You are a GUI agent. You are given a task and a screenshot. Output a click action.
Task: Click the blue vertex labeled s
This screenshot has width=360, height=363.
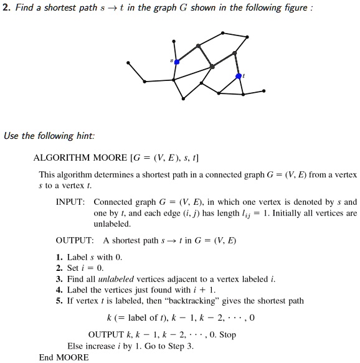(176, 62)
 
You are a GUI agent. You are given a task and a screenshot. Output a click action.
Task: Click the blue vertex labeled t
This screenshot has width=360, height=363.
(239, 76)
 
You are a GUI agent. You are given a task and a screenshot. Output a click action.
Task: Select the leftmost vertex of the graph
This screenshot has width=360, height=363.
(128, 62)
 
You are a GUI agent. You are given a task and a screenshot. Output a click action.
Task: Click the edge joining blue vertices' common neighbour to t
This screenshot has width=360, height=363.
(225, 71)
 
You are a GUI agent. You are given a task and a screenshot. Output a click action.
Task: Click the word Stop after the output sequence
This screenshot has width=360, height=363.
(227, 334)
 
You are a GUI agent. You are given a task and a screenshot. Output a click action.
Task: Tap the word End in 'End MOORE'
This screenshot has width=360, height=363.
(46, 357)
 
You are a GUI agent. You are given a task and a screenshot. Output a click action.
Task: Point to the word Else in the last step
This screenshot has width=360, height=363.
(74, 346)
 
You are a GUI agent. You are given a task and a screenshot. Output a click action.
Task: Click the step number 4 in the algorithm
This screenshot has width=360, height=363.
(59, 289)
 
